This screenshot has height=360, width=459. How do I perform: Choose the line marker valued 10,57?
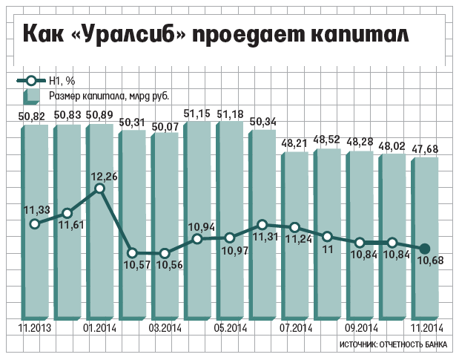(132, 252)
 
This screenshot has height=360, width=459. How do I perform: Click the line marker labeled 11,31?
(262, 224)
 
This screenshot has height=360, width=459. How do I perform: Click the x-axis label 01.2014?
(99, 328)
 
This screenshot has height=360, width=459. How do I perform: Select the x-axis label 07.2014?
(295, 328)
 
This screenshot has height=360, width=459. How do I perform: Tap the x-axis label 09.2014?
(360, 328)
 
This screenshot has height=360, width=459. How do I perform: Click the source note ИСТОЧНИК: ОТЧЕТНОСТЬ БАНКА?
(394, 346)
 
